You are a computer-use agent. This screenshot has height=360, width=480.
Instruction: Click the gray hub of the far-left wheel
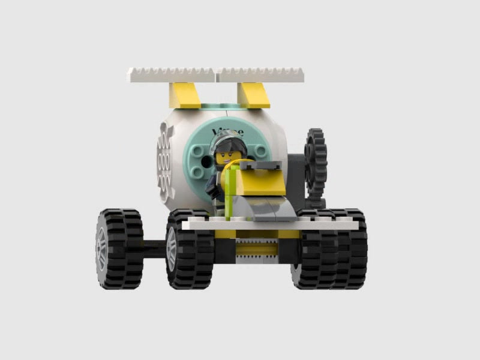[x=101, y=247]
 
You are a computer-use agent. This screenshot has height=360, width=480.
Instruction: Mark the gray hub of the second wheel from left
[x=172, y=247]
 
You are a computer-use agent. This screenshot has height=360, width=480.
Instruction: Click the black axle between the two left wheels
[x=154, y=245]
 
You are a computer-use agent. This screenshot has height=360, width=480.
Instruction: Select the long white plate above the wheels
[x=270, y=224]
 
